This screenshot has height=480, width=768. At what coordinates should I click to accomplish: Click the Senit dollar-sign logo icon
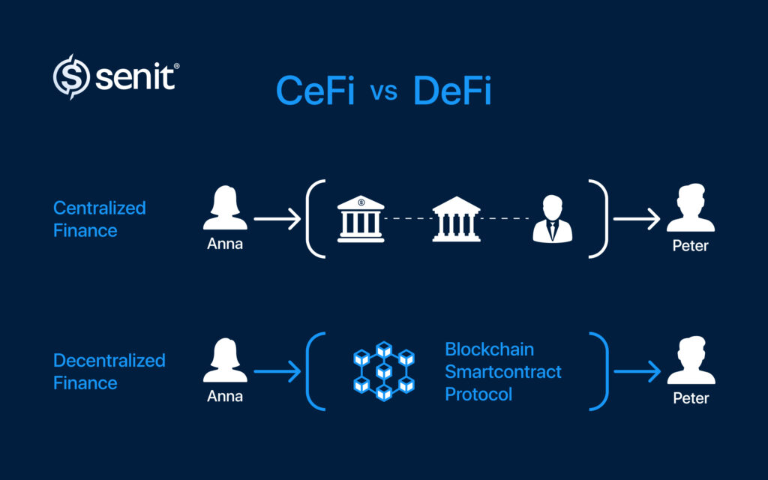(x=70, y=76)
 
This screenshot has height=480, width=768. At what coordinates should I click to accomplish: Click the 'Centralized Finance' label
(x=99, y=219)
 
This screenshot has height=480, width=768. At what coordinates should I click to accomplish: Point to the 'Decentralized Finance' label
(x=109, y=371)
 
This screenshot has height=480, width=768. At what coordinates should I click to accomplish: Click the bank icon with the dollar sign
(x=361, y=219)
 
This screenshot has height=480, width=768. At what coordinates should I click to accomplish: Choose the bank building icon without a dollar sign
(x=456, y=219)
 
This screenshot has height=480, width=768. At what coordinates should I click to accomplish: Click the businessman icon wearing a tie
(x=552, y=219)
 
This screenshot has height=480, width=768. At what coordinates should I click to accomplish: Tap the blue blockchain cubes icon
(x=383, y=371)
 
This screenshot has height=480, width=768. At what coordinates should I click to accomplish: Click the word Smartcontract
(x=502, y=371)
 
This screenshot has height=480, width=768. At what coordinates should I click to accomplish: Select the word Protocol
(x=478, y=394)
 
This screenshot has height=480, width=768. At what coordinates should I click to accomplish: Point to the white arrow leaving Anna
(x=277, y=220)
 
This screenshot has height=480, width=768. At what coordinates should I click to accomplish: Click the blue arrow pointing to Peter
(x=637, y=371)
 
